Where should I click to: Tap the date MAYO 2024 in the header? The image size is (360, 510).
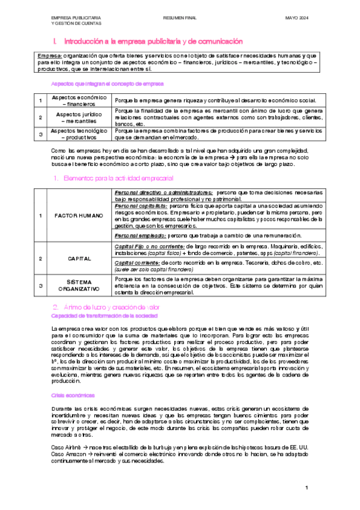click(x=296, y=19)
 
